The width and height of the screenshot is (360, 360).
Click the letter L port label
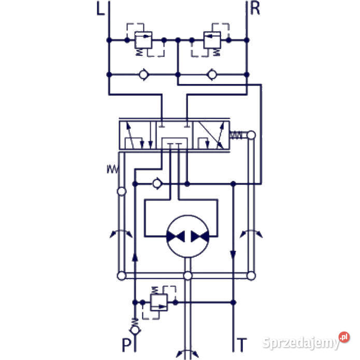100,9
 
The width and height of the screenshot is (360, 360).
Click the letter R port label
254,9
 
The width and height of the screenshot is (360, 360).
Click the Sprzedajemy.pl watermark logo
306,341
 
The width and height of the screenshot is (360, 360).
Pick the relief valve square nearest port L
142,39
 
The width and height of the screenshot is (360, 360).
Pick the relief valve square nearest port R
211,39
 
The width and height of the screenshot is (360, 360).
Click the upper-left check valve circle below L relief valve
143,75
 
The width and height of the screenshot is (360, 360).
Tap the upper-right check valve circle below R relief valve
211,75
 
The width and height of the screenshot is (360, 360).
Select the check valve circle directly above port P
135,329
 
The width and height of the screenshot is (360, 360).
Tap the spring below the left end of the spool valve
112,169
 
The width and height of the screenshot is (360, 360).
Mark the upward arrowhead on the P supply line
135,255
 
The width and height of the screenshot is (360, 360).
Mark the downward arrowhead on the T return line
233,255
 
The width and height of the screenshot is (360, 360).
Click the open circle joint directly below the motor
188,276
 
